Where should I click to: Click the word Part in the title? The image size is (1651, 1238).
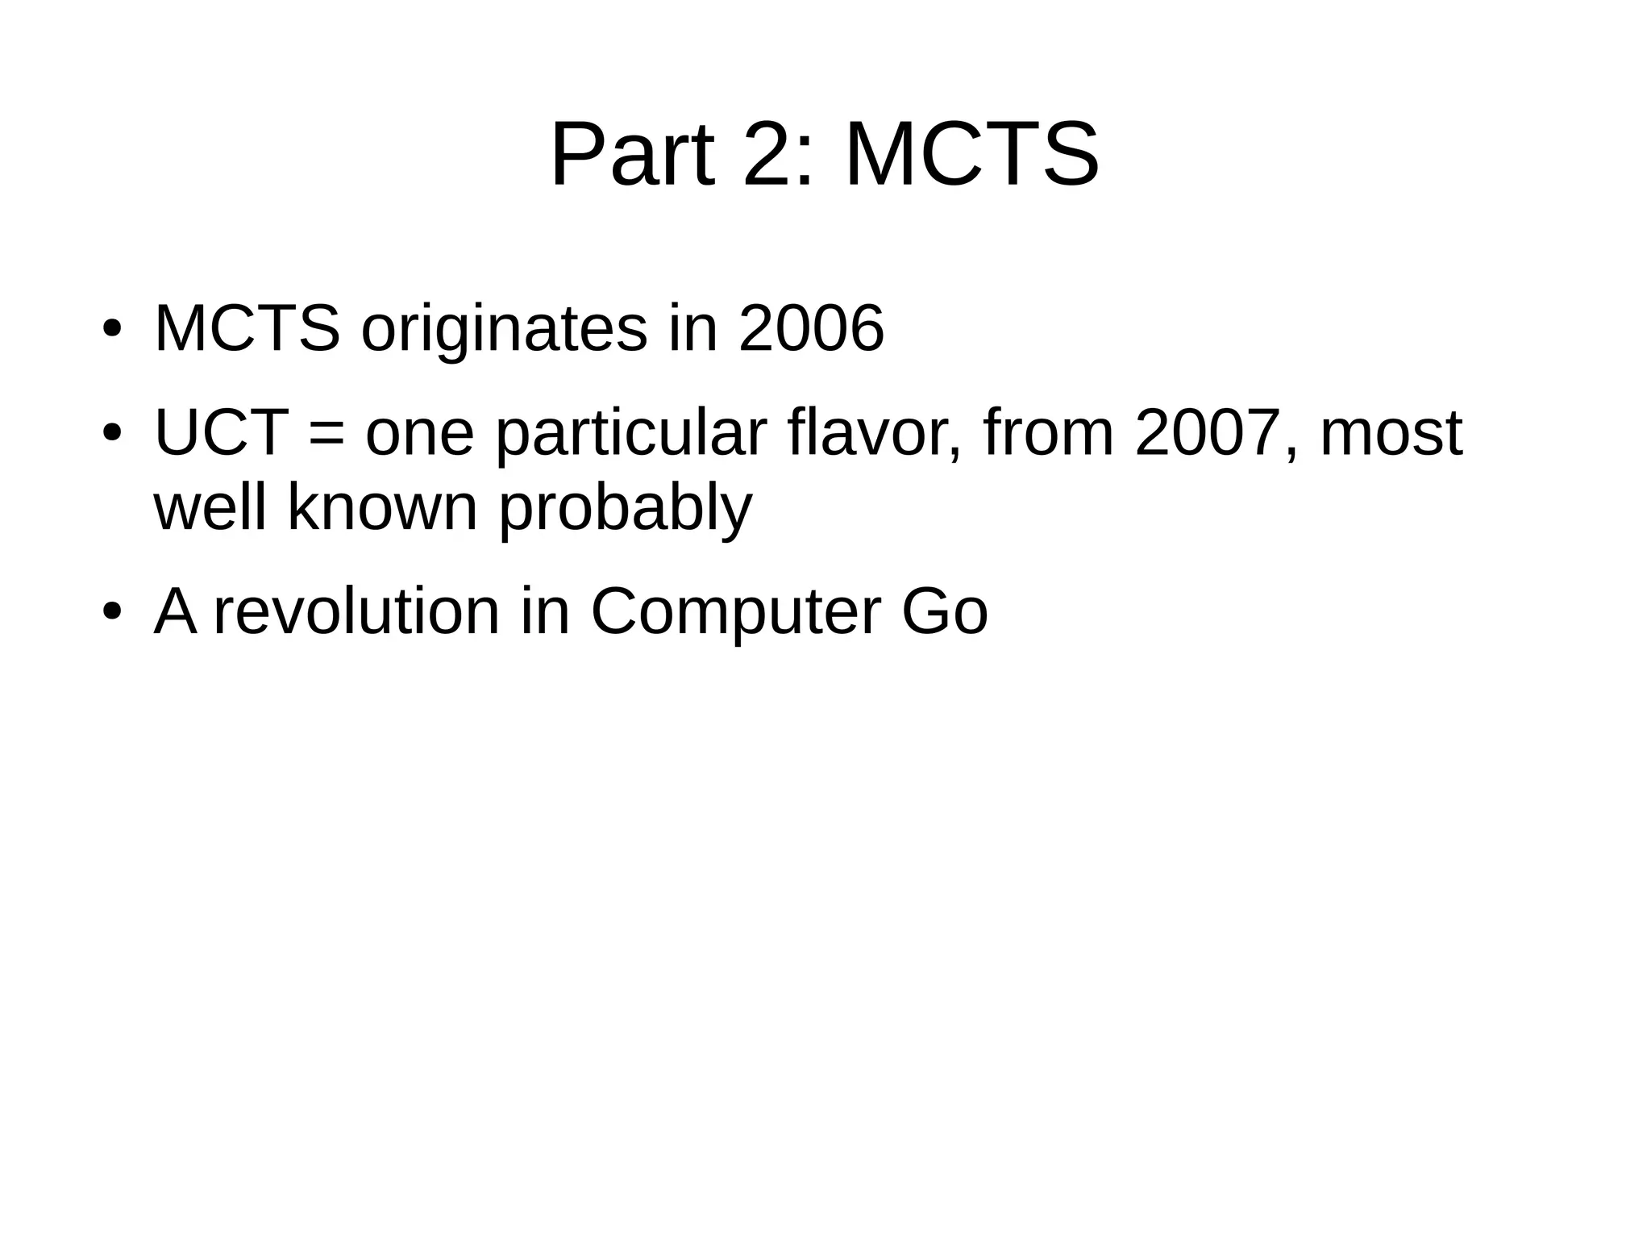(x=633, y=154)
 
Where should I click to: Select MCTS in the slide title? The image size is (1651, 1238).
(x=971, y=154)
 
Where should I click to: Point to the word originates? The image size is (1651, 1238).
(x=504, y=329)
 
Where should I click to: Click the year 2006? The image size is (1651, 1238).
(x=811, y=329)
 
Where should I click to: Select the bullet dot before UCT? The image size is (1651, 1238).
(x=111, y=433)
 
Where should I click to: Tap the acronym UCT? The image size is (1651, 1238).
(x=222, y=433)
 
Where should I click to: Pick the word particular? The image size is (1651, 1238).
(x=630, y=433)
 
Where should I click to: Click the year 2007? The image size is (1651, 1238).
(x=1206, y=433)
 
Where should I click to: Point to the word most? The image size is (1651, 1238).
(x=1391, y=433)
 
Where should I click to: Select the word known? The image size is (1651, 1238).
(x=383, y=507)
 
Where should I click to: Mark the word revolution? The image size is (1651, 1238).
(x=356, y=611)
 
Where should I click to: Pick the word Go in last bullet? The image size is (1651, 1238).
(x=944, y=611)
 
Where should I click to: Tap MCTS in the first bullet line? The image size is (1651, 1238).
(x=247, y=329)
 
